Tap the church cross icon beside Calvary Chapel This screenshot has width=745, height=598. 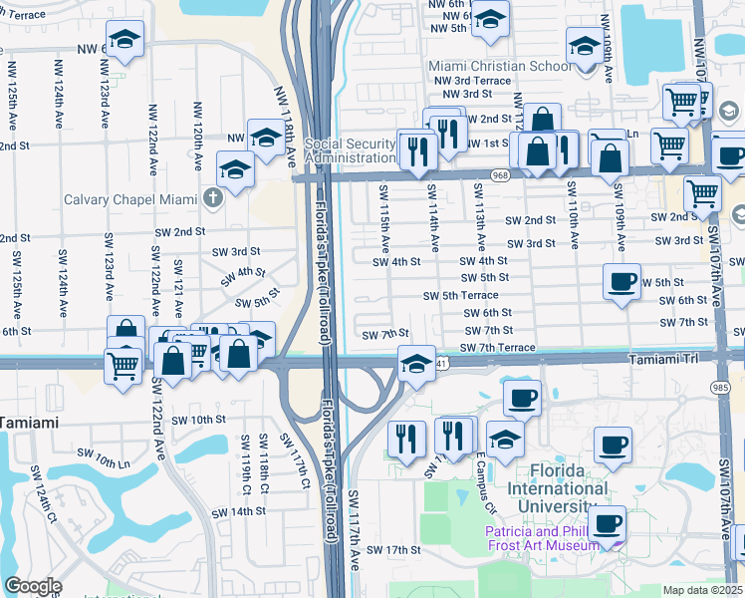click(x=211, y=197)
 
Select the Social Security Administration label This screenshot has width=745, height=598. click(x=351, y=150)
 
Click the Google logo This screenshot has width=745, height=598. click(x=33, y=586)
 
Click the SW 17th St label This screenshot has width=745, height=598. click(x=394, y=549)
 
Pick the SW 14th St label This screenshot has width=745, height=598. click(x=240, y=510)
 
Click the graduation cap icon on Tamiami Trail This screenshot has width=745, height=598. click(x=416, y=363)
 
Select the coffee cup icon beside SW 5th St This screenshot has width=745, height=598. click(x=622, y=281)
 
